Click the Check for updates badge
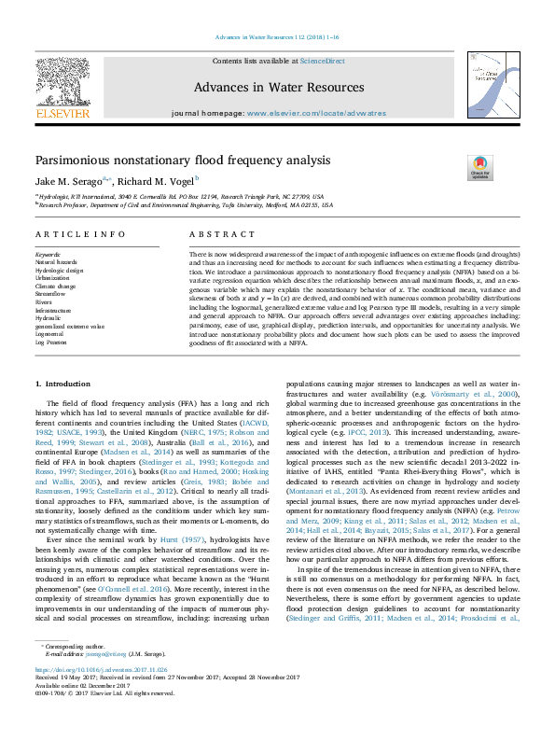click(x=479, y=168)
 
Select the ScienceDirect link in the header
click(x=322, y=61)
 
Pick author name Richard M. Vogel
click(x=154, y=181)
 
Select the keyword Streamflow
click(x=52, y=293)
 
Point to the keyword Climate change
click(x=57, y=286)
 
